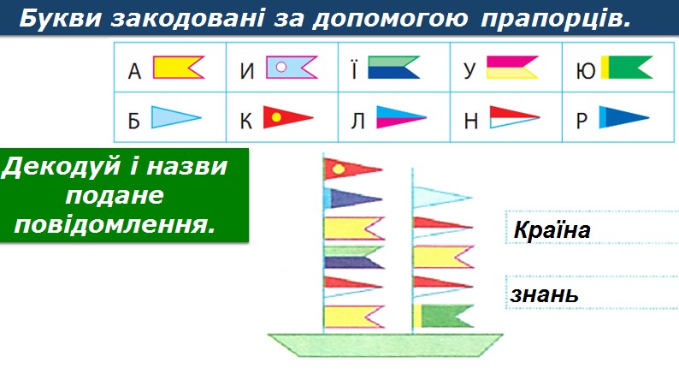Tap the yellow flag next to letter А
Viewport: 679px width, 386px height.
178,68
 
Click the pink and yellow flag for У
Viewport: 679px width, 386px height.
511,68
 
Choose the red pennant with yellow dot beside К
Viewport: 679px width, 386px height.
286,116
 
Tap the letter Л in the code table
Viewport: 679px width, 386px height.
357,122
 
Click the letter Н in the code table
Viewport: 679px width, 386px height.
470,122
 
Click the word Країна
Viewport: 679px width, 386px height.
552,230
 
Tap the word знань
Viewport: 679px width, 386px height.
545,295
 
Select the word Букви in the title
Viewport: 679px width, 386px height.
58,19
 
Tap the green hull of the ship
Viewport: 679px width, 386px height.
385,345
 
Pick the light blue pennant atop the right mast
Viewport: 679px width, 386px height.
440,197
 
